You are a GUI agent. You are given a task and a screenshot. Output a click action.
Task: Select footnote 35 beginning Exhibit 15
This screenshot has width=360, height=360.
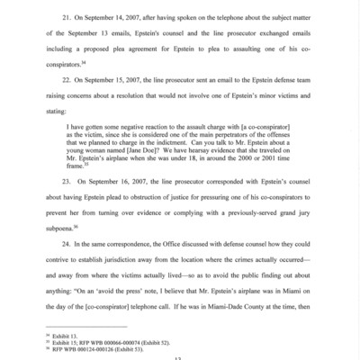pyautogui.click(x=94, y=349)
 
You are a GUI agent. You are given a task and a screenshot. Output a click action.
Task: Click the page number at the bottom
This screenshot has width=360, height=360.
pyautogui.click(x=179, y=359)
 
